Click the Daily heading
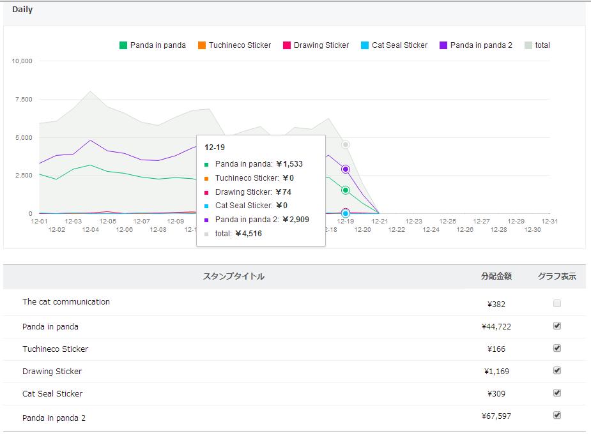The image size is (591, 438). click(22, 10)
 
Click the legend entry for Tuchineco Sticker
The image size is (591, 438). click(234, 45)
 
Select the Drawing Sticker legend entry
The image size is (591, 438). click(316, 45)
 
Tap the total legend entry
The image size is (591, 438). click(537, 45)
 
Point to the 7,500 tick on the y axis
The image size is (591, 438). click(24, 100)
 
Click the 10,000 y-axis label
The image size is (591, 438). click(22, 61)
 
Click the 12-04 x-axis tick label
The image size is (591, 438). click(91, 230)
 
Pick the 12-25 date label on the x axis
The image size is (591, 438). click(448, 222)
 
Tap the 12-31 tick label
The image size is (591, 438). click(549, 222)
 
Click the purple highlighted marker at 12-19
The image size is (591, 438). click(345, 169)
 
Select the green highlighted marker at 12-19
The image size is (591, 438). click(345, 190)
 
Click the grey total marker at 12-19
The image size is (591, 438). click(345, 145)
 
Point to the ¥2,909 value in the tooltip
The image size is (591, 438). click(296, 220)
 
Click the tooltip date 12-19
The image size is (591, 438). click(215, 147)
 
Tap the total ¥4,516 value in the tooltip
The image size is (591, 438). click(249, 234)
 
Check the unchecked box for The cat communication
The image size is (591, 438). click(557, 303)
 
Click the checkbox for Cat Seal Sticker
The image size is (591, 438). click(557, 393)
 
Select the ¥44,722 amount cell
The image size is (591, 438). click(496, 326)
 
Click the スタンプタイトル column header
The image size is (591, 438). click(234, 276)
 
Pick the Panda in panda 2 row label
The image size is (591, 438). click(54, 418)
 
